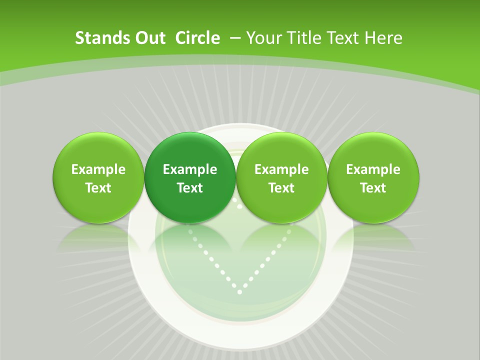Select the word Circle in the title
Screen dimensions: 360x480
[197, 38]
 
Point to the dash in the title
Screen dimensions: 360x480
[235, 38]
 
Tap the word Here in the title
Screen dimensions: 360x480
[383, 38]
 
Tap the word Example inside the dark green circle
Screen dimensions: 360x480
[190, 169]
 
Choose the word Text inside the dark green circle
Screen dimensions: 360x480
[190, 188]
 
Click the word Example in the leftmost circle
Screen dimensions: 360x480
[98, 169]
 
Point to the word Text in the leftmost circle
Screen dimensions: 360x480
[98, 188]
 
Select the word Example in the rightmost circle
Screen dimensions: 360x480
[373, 169]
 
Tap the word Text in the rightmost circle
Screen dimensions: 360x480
[373, 188]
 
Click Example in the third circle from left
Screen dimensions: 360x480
[281, 169]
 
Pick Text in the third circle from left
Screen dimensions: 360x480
[281, 188]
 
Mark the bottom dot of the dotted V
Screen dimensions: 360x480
[240, 291]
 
